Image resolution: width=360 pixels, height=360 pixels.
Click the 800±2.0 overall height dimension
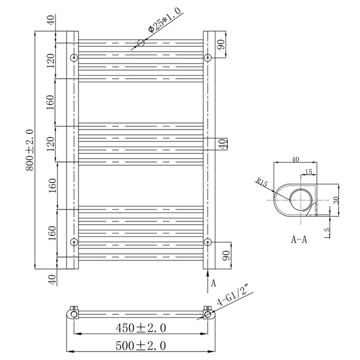(29, 150)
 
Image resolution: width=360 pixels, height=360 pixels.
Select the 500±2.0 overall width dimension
(141, 346)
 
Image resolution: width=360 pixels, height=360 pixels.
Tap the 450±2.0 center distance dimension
(141, 328)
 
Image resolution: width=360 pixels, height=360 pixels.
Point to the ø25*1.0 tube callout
(164, 20)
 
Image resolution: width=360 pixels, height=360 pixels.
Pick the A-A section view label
(299, 239)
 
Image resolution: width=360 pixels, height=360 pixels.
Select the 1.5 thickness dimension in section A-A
(328, 233)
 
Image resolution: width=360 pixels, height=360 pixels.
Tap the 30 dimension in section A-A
(336, 200)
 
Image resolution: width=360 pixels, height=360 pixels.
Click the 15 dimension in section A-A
(309, 172)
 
